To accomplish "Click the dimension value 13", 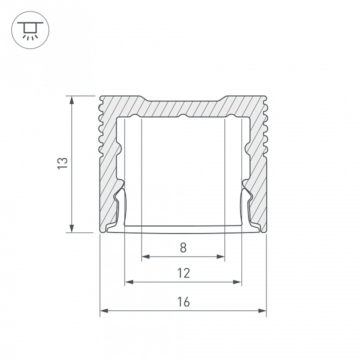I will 61,163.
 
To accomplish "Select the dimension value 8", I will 183,246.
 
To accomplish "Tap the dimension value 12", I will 183,272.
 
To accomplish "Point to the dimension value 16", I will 183,301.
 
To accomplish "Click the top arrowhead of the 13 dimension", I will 72,99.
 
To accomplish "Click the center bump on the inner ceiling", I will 183,116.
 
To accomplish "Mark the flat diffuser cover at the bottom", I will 183,229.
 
